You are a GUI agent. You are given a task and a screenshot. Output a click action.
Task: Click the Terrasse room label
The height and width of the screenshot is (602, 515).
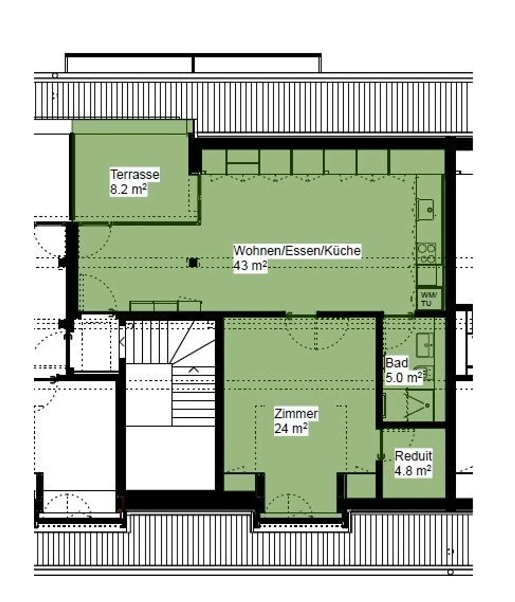click(x=135, y=175)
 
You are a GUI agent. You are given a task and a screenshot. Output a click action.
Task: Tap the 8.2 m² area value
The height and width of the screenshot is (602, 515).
click(x=129, y=189)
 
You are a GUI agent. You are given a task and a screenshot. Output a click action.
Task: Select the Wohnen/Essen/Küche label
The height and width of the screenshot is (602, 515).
click(x=297, y=251)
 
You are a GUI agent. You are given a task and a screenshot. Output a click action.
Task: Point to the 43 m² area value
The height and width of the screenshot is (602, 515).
click(x=250, y=266)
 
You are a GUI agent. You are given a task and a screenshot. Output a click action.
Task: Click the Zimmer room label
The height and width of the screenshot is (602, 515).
click(x=296, y=414)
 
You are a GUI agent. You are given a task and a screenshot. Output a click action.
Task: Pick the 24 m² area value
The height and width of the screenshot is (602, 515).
click(x=291, y=428)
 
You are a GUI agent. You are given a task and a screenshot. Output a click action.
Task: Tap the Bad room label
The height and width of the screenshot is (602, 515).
click(x=397, y=363)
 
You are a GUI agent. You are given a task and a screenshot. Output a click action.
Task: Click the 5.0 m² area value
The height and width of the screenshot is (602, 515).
click(x=404, y=378)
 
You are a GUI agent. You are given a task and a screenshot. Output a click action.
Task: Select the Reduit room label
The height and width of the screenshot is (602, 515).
click(x=413, y=456)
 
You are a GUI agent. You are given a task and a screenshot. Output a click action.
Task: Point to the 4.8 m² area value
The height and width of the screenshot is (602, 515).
click(x=413, y=471)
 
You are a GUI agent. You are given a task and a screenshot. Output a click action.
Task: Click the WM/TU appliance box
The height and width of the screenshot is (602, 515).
click(x=428, y=299)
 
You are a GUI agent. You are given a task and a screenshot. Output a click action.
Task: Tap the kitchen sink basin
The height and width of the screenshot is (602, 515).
click(x=426, y=209)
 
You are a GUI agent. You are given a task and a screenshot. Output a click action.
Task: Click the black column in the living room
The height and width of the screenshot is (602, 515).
click(x=193, y=262)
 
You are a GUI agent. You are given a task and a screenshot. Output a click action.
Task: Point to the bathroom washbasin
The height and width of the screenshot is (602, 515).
click(x=425, y=345)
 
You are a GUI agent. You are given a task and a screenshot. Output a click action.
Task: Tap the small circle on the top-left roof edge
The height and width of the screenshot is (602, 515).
click(x=55, y=76)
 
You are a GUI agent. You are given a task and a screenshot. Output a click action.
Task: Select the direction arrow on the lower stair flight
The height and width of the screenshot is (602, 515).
click(x=193, y=369)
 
